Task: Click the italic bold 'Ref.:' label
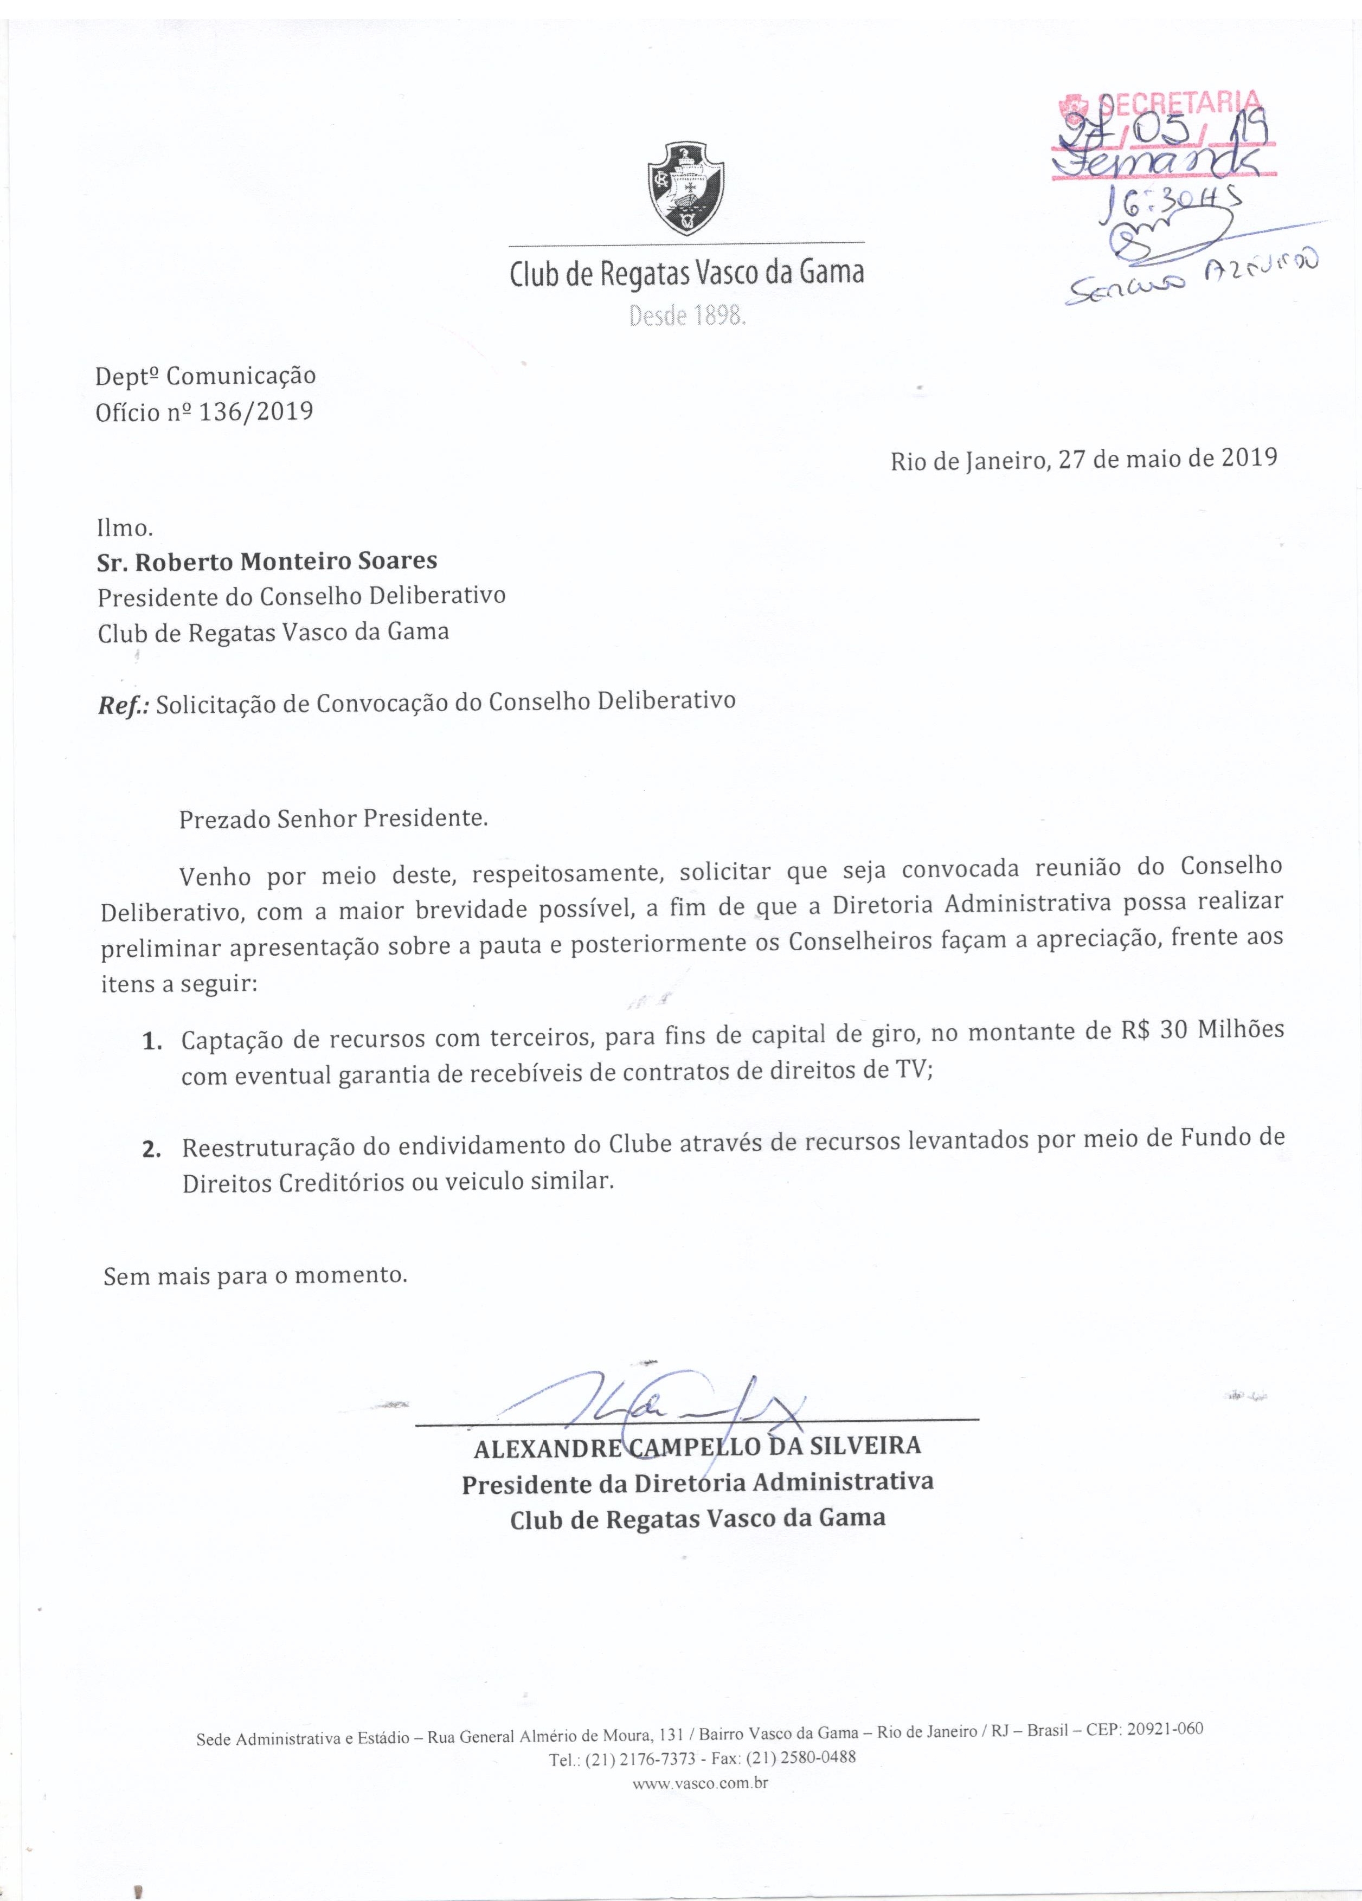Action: click(x=123, y=703)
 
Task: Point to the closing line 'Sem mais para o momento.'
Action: click(x=255, y=1299)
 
